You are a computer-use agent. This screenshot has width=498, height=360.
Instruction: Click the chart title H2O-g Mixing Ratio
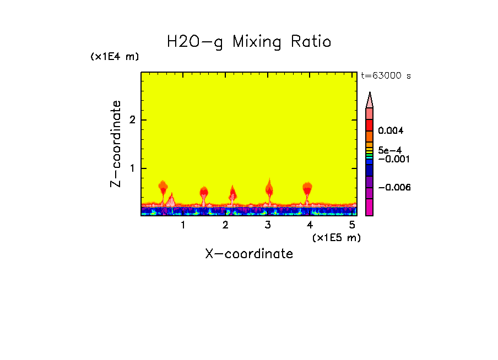(249, 42)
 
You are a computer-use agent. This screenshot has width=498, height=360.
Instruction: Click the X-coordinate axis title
(249, 254)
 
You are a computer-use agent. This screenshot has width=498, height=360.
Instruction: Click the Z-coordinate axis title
(116, 144)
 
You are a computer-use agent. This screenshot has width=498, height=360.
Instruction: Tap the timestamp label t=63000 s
(386, 76)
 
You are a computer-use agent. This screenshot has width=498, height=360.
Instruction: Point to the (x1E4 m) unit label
(115, 56)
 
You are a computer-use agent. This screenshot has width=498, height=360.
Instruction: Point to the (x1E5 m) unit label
(336, 237)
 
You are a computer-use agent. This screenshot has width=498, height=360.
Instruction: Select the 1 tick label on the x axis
(183, 225)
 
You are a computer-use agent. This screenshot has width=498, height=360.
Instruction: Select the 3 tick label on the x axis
(268, 225)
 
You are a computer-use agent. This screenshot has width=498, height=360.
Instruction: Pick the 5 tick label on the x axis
(353, 225)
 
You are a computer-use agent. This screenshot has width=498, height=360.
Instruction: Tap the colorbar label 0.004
(391, 131)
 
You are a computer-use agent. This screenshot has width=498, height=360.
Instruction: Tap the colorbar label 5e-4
(389, 150)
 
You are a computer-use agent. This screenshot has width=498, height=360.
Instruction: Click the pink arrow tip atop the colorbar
(370, 99)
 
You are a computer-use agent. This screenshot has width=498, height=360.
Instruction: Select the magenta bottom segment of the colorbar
(370, 207)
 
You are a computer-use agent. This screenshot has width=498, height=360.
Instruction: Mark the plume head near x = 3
(269, 189)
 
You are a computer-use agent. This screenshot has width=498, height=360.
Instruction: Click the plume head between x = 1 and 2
(204, 192)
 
